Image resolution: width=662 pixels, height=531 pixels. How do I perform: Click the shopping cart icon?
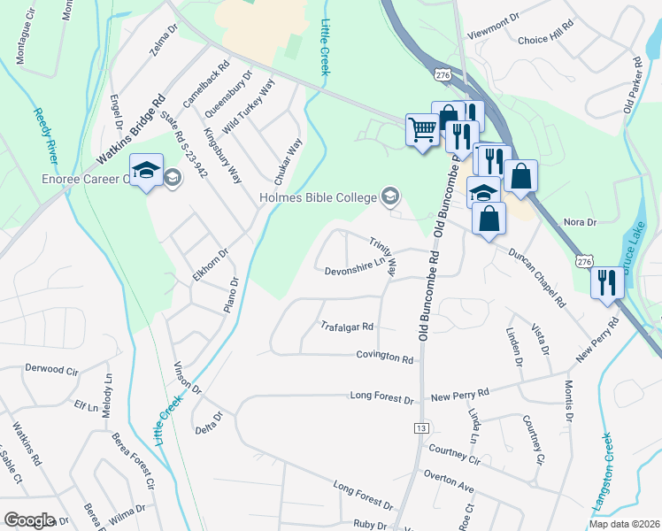(422, 130)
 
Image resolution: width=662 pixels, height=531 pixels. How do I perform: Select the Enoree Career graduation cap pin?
(147, 168)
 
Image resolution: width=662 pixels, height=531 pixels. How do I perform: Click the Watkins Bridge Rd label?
(131, 130)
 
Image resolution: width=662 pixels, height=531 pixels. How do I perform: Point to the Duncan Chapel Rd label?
(536, 277)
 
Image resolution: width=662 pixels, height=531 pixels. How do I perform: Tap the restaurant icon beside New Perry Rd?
(606, 282)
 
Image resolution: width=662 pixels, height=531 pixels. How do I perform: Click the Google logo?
(29, 520)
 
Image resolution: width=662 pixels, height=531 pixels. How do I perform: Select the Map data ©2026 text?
(625, 523)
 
